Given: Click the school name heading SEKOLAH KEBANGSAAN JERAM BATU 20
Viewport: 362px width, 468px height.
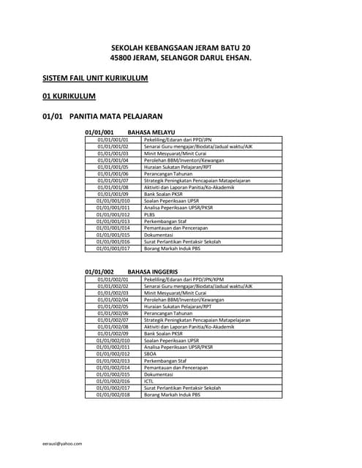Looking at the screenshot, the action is (x=180, y=48).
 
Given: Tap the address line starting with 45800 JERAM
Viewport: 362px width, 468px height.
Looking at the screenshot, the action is (x=180, y=57).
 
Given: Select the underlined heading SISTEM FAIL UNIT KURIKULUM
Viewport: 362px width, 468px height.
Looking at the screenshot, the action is (x=95, y=78).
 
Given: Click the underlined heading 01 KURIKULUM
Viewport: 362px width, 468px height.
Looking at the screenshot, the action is (x=69, y=96).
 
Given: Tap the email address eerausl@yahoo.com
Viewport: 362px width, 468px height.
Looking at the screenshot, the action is (x=62, y=443).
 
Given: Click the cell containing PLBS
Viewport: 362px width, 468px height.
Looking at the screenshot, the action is (x=149, y=214).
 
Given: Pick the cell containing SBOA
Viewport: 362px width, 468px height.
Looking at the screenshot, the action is (x=150, y=354).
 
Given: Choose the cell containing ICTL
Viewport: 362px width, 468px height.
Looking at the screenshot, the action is (x=149, y=381).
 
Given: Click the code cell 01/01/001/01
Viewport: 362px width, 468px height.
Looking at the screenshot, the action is (x=113, y=139).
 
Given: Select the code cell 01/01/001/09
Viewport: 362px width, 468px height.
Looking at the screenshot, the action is (x=113, y=194).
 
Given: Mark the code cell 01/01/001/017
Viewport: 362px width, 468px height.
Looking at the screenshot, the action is (x=113, y=249).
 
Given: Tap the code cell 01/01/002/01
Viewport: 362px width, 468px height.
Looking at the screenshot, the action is (x=113, y=279).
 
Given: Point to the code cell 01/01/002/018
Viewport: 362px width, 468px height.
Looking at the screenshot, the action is (x=113, y=395).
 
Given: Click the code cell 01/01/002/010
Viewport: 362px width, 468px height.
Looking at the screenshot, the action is (x=113, y=340).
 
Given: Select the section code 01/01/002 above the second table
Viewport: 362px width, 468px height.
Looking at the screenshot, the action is (x=99, y=272).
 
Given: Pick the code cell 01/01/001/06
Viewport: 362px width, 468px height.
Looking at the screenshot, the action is (x=113, y=173).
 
